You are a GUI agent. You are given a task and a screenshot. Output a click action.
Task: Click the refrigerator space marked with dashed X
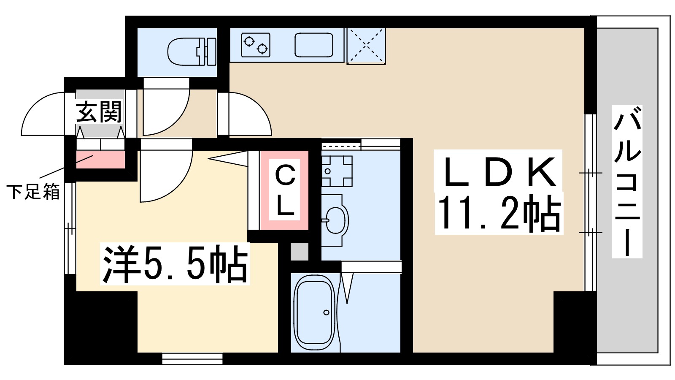point(366,46)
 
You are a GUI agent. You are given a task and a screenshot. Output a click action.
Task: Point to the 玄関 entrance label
point(99,112)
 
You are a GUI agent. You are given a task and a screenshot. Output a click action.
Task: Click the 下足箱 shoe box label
point(33,192)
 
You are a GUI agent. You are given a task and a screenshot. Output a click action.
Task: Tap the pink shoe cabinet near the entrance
point(100,160)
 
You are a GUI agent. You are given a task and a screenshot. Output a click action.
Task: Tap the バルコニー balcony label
point(627,182)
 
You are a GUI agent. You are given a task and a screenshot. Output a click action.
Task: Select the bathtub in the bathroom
point(314,312)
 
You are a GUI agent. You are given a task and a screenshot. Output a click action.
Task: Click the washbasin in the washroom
point(335,220)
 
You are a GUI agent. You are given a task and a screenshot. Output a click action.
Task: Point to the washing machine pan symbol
point(337,171)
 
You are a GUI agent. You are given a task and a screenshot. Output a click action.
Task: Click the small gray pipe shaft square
point(300,252)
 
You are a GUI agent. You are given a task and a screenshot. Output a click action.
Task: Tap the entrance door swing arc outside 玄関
point(42,114)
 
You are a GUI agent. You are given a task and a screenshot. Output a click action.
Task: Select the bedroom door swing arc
point(167,177)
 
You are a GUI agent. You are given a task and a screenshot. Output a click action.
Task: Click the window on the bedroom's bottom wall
point(192,359)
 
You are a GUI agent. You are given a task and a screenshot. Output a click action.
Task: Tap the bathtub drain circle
point(326,312)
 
